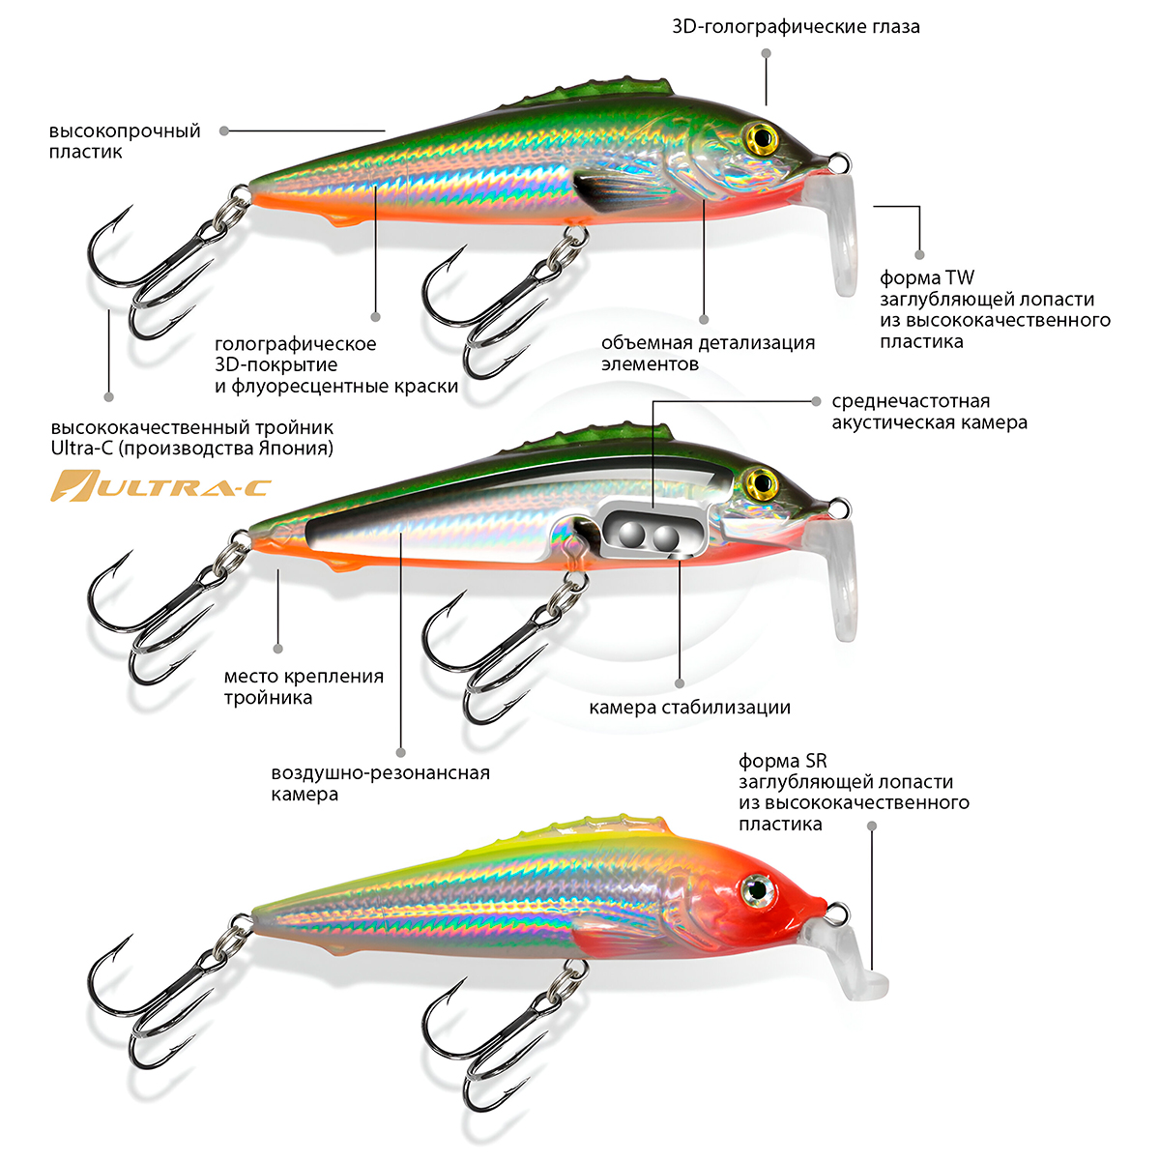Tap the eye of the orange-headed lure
(756, 888)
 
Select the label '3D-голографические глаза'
(796, 27)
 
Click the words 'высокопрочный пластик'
(125, 141)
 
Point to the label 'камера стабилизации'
(689, 707)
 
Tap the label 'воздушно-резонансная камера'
(380, 783)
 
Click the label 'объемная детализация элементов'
(708, 353)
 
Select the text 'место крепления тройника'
(304, 686)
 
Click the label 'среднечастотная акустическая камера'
(929, 412)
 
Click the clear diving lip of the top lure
(838, 232)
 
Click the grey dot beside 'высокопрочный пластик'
(223, 130)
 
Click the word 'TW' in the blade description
(960, 278)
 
